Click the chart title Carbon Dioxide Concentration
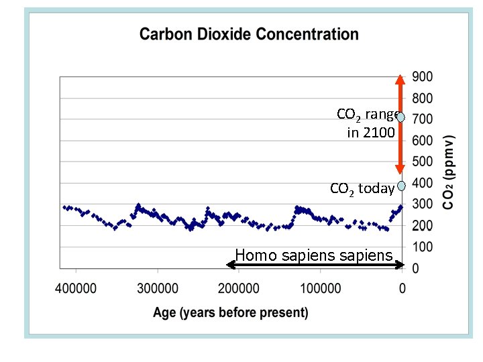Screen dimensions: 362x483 click(249, 34)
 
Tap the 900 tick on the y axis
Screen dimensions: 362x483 click(422, 76)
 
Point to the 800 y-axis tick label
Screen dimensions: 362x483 click(422, 98)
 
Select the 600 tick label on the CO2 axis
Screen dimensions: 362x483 click(422, 141)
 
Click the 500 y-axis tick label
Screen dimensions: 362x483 click(422, 162)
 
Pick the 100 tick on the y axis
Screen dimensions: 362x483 click(422, 247)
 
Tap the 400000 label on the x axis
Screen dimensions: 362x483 click(76, 288)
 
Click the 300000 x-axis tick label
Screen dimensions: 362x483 click(158, 288)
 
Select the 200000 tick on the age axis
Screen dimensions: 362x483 click(239, 288)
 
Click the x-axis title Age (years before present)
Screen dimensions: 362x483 click(231, 312)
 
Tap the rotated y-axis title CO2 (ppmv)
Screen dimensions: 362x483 click(450, 172)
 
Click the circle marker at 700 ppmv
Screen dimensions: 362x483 click(400, 117)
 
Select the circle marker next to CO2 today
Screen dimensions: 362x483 click(401, 186)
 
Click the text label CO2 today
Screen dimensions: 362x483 click(362, 189)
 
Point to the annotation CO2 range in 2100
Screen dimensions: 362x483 click(366, 123)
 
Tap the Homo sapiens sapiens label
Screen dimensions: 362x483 click(313, 255)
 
